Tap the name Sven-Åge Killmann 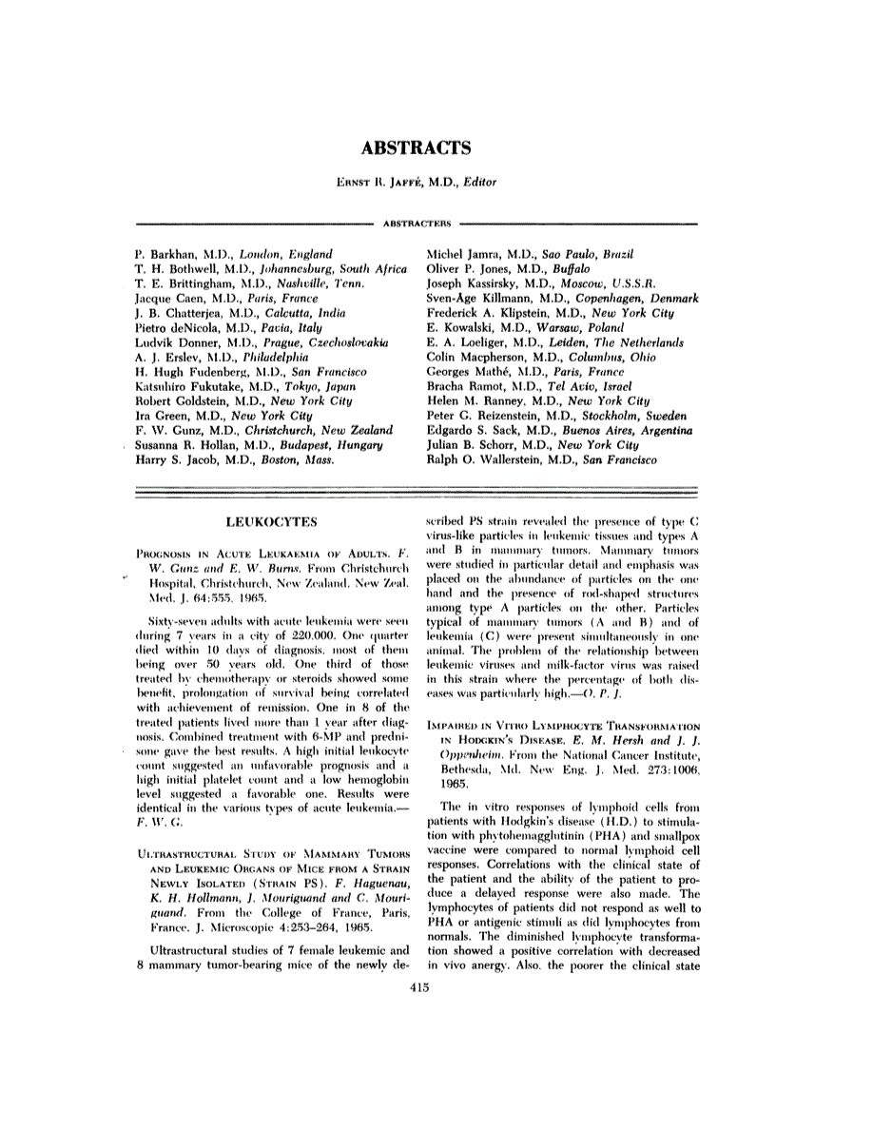475,299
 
